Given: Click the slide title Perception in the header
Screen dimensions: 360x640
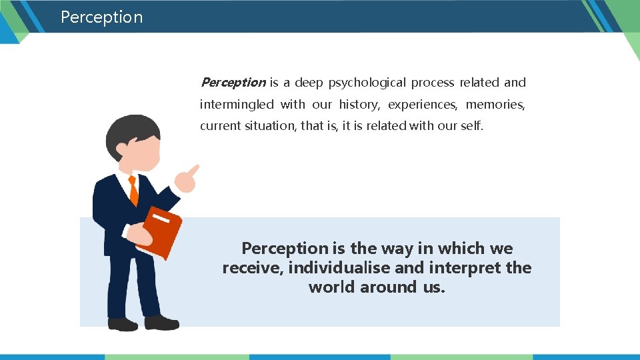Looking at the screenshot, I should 101,17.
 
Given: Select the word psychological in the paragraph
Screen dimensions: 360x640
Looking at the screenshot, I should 365,83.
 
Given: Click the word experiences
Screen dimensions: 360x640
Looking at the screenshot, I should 423,105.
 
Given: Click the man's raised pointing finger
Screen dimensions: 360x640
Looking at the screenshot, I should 193,169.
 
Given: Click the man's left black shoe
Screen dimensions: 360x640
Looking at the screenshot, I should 123,325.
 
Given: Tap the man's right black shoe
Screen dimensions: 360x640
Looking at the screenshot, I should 161,323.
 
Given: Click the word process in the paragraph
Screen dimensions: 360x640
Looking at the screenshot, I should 432,83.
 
